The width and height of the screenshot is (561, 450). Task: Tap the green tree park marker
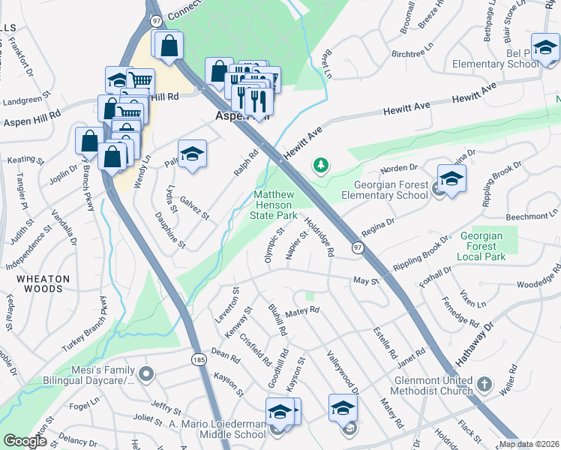(x=321, y=163)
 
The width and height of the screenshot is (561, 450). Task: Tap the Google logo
(x=24, y=441)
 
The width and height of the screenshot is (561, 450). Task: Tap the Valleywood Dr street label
(x=342, y=372)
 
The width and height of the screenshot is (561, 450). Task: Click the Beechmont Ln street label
(x=532, y=216)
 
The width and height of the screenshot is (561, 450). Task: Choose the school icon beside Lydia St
(x=193, y=154)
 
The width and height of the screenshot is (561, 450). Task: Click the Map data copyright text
(x=529, y=444)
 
